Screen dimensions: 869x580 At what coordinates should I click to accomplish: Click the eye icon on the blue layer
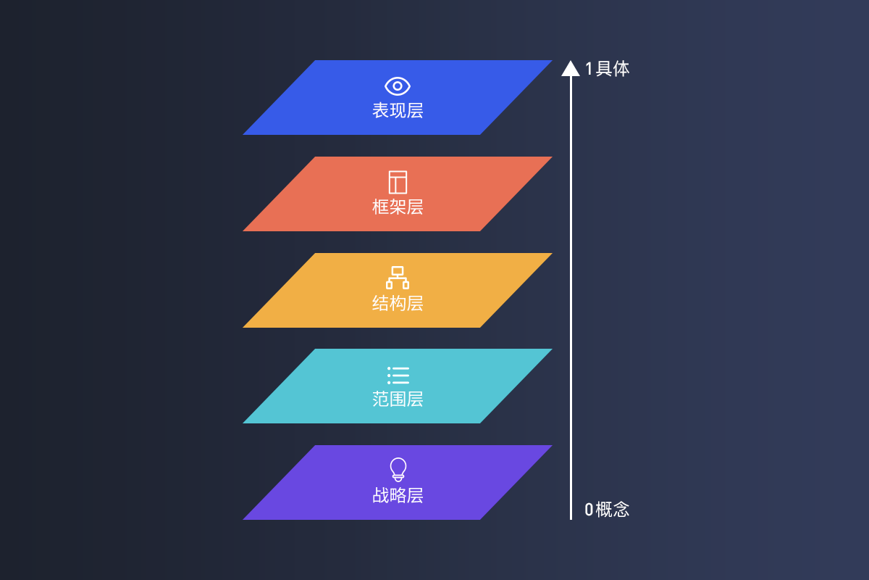pyautogui.click(x=398, y=86)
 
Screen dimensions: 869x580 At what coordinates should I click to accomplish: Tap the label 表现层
pyautogui.click(x=398, y=111)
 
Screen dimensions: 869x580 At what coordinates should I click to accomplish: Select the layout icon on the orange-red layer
pyautogui.click(x=398, y=182)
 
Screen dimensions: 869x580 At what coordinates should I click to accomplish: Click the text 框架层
pyautogui.click(x=398, y=207)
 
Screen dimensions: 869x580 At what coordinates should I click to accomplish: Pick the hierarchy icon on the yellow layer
pyautogui.click(x=398, y=278)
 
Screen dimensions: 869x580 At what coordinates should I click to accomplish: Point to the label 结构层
pyautogui.click(x=398, y=303)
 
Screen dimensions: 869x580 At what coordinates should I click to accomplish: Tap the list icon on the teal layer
pyautogui.click(x=398, y=375)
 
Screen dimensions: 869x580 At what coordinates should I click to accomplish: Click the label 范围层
pyautogui.click(x=398, y=399)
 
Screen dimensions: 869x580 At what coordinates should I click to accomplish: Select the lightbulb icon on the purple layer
pyautogui.click(x=398, y=469)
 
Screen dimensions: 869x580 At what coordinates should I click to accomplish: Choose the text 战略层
pyautogui.click(x=398, y=496)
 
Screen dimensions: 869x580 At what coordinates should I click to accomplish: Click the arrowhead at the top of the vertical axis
pyautogui.click(x=571, y=68)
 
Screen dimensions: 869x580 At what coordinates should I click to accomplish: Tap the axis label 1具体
pyautogui.click(x=607, y=69)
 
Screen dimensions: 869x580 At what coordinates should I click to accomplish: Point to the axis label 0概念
pyautogui.click(x=607, y=510)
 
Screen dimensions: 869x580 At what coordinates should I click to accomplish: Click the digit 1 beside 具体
pyautogui.click(x=589, y=69)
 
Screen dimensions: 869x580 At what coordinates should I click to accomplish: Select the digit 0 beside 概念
pyautogui.click(x=589, y=510)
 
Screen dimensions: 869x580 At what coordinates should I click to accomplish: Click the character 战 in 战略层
pyautogui.click(x=381, y=496)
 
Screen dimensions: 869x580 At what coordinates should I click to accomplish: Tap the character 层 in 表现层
pyautogui.click(x=415, y=111)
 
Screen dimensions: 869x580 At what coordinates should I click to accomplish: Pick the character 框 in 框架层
pyautogui.click(x=381, y=207)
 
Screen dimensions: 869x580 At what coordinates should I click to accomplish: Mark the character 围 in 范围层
pyautogui.click(x=398, y=399)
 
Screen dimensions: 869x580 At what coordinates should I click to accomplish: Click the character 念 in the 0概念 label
pyautogui.click(x=621, y=510)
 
